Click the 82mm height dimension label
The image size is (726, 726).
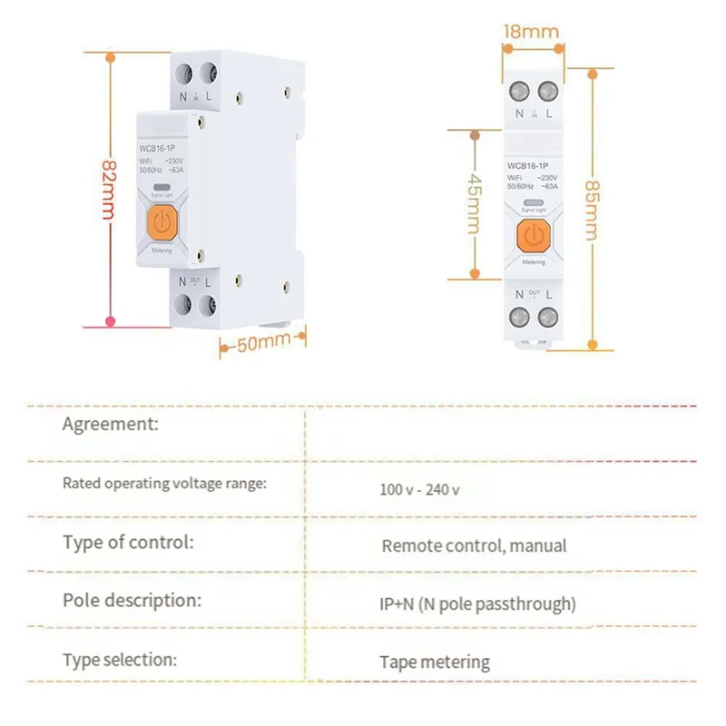pos(108,190)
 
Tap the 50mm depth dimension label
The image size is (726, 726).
pos(263,344)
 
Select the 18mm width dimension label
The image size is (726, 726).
pos(531,32)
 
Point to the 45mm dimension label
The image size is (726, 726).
pos(474,203)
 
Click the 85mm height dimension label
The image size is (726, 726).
pos(592,204)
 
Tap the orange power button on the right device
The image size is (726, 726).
pos(534,234)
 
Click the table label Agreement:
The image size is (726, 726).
pos(111,424)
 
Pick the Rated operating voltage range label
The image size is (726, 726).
pos(164,484)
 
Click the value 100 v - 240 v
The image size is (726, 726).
pos(419,489)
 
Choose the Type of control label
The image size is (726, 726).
pos(128,543)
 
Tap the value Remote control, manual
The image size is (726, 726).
pos(474,545)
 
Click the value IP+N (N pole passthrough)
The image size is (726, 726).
pos(477,603)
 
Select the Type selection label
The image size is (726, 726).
pos(120,660)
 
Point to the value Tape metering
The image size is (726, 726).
pos(435,662)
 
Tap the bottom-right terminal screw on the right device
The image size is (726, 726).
pos(547,317)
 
